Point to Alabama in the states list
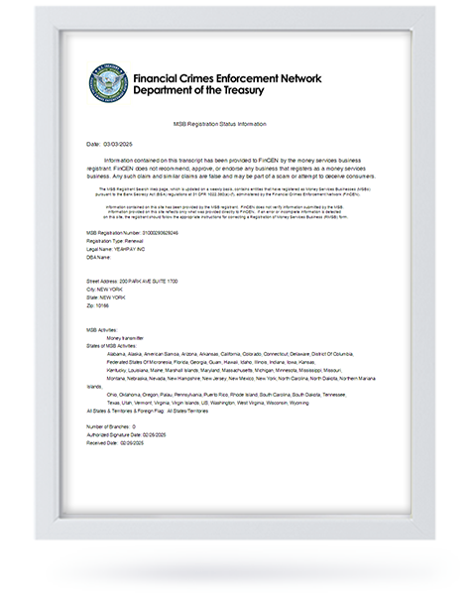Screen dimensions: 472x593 (115, 352)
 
